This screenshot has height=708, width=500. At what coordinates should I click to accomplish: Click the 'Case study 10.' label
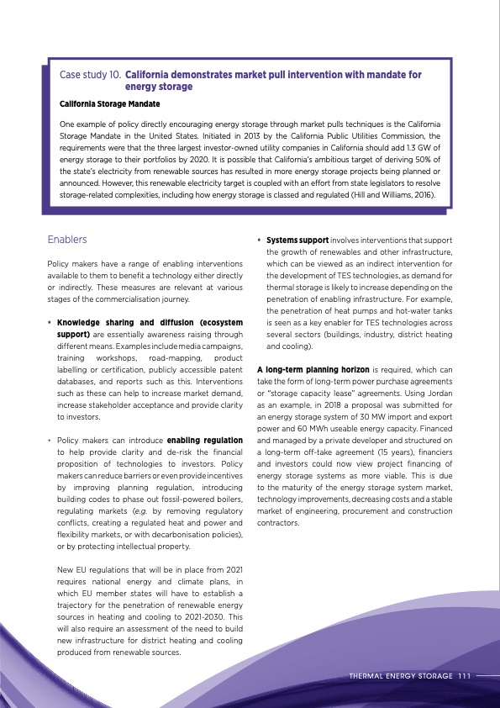pos(91,75)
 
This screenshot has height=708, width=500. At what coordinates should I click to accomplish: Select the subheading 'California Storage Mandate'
pos(109,103)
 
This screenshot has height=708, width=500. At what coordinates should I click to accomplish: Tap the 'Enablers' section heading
pos(67,240)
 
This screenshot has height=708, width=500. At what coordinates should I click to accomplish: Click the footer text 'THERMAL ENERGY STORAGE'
pos(400,675)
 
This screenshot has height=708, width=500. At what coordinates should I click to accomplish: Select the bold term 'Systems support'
pos(297,240)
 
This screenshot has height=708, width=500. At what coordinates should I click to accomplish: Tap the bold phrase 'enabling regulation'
pos(206,440)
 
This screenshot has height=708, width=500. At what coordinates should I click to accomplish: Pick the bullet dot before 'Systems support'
pos(259,240)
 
